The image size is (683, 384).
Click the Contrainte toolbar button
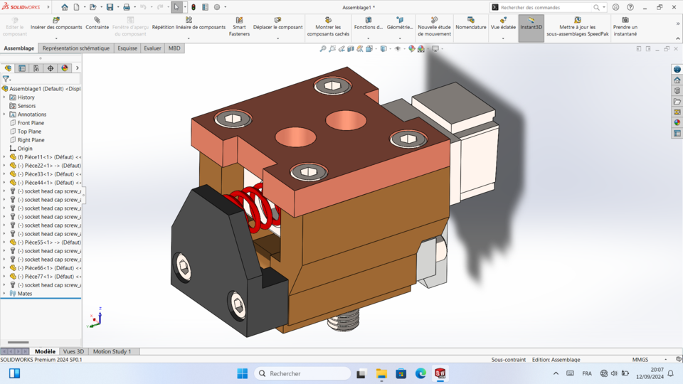pos(97,23)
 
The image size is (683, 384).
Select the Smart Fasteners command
pos(239,26)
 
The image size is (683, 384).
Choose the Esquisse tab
pos(127,48)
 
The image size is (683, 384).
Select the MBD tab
pos(174,48)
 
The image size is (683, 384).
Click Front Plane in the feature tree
pos(31,123)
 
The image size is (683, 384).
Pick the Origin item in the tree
pos(25,149)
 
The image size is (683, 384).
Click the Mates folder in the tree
pos(25,294)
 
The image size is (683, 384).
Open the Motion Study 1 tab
pos(112,351)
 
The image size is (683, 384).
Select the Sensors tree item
pos(26,106)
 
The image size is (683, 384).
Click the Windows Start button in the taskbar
pos(242,373)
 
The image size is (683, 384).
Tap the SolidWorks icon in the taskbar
pos(440,373)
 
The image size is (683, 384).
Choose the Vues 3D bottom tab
pos(73,351)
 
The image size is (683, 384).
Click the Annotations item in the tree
pos(32,114)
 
